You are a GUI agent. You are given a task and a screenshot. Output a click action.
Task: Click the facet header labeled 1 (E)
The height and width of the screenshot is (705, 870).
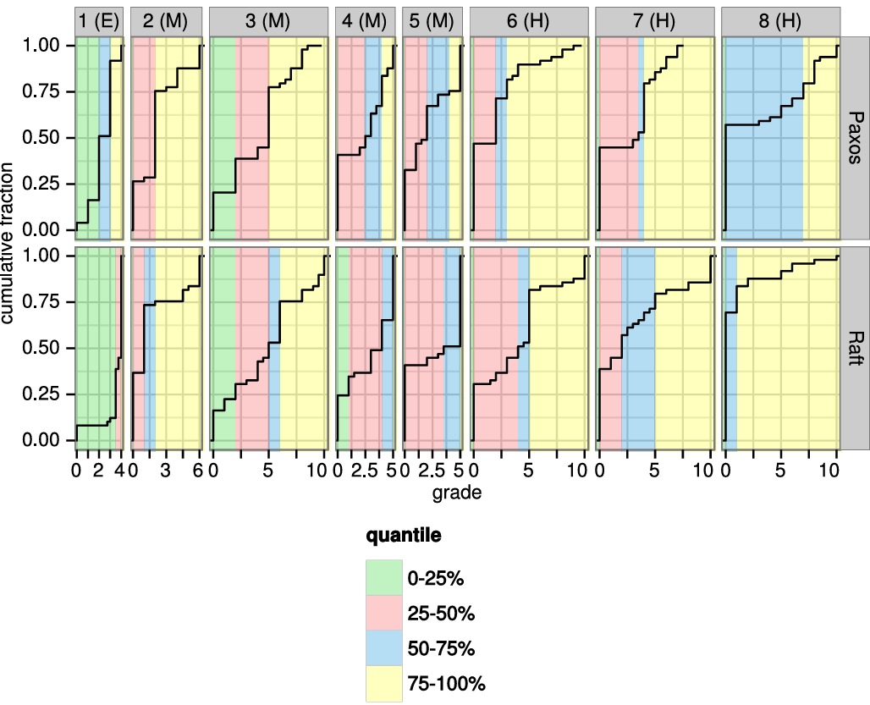click(99, 22)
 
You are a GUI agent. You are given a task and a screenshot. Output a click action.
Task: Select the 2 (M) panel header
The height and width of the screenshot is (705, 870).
click(167, 22)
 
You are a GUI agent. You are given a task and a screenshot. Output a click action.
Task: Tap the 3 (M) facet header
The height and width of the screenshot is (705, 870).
click(268, 22)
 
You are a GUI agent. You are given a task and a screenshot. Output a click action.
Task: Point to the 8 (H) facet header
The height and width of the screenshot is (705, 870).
click(779, 22)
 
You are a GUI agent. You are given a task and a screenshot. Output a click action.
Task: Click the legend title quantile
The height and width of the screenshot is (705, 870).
click(402, 537)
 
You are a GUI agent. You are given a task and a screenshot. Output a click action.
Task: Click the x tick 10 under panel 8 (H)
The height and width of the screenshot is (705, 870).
click(834, 471)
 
